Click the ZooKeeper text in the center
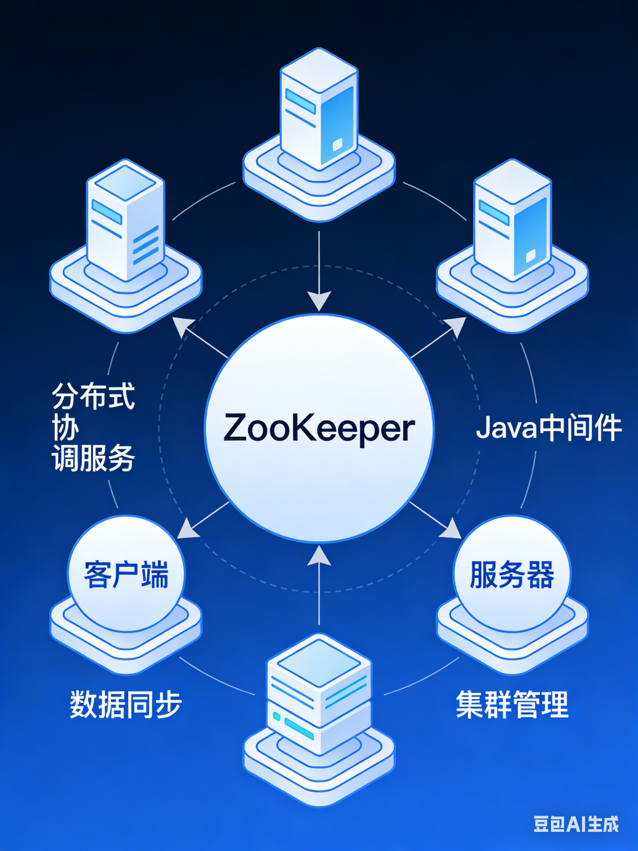click(x=319, y=428)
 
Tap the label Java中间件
click(x=549, y=427)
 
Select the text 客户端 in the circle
click(x=126, y=575)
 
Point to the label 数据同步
click(x=126, y=704)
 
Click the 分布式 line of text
click(x=94, y=396)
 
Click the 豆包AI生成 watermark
click(x=576, y=824)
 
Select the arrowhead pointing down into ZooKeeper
click(x=319, y=301)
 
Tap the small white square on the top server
click(x=337, y=145)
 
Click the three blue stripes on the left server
click(x=145, y=245)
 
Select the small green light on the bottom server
click(x=276, y=716)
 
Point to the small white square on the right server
click(x=530, y=255)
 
